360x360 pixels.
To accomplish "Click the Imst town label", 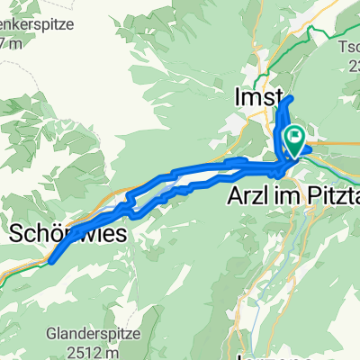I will click(258, 96).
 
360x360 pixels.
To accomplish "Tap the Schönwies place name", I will click(61, 234).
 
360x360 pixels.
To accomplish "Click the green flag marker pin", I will click(294, 138).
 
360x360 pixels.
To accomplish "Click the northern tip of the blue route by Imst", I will click(290, 96).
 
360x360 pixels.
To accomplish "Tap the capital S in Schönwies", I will click(17, 234).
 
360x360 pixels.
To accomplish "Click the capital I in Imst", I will click(237, 96).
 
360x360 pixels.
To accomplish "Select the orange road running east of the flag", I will click(337, 143).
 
